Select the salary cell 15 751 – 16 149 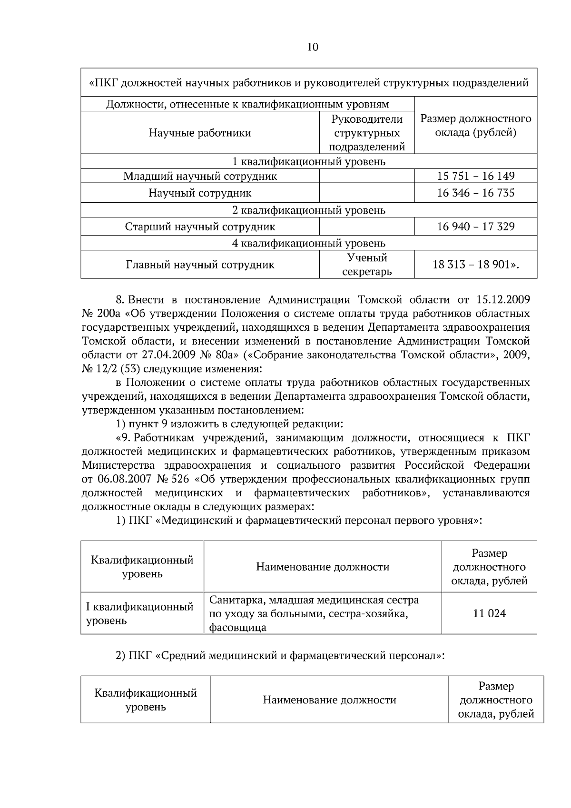click(x=476, y=176)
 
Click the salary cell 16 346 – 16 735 click(x=476, y=193)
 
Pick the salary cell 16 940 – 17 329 click(x=476, y=227)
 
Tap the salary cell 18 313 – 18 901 click(x=476, y=265)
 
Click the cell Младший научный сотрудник click(x=200, y=177)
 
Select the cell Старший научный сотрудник click(x=200, y=227)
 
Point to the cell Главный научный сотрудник click(x=200, y=265)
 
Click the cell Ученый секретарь click(x=367, y=265)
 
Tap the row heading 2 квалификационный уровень click(x=309, y=210)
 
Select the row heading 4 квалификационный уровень click(x=309, y=244)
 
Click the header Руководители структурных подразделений click(x=367, y=133)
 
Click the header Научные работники click(x=200, y=133)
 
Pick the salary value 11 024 click(x=489, y=613)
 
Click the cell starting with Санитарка click(x=314, y=613)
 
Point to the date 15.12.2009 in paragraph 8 click(x=502, y=300)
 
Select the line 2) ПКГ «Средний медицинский click(x=281, y=656)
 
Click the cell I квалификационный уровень click(x=139, y=613)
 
